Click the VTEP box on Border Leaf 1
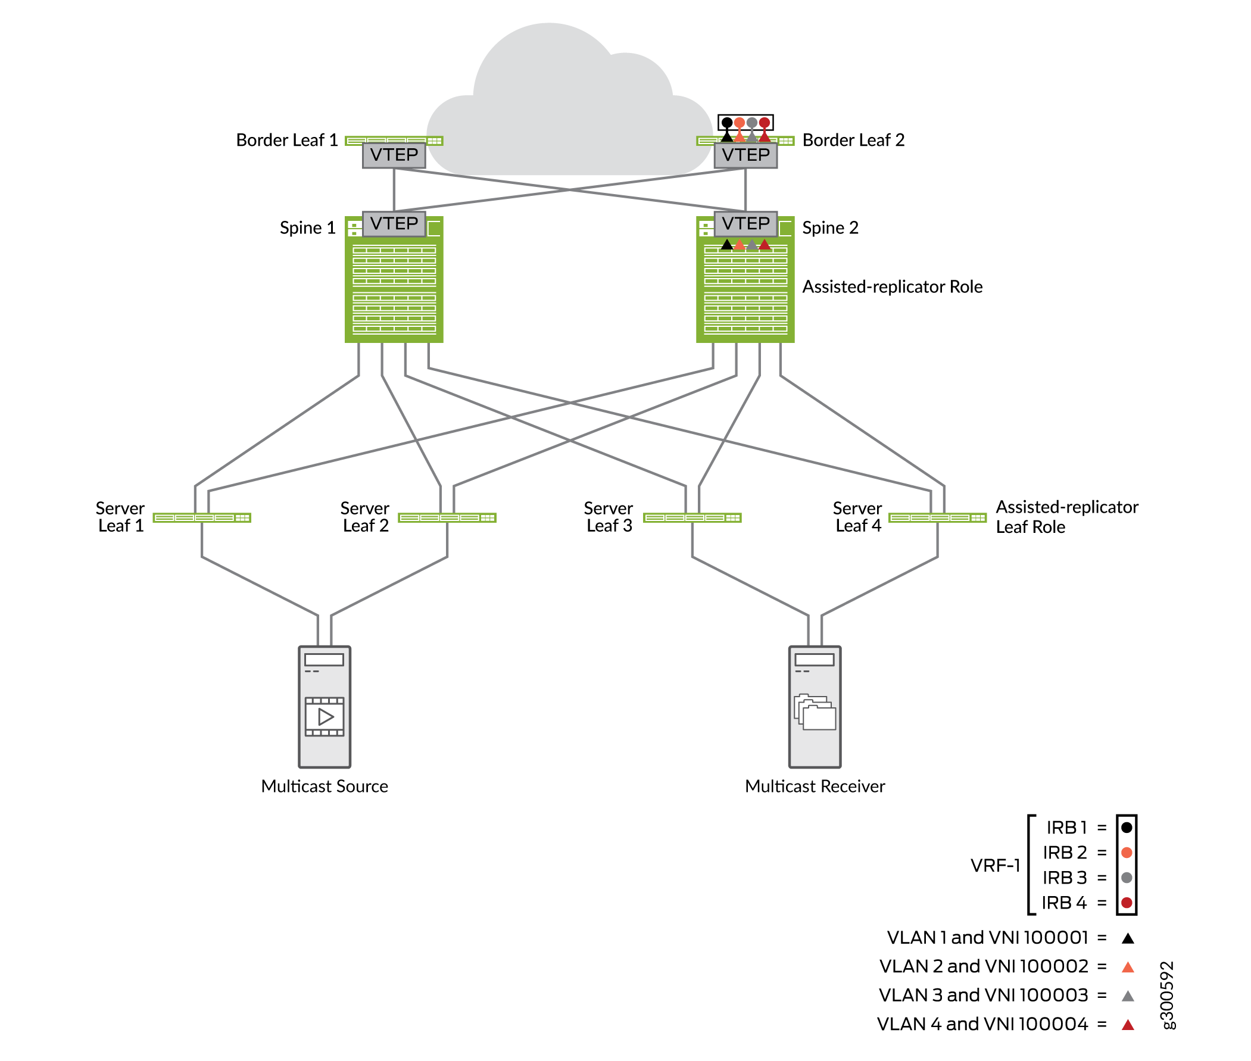tap(394, 155)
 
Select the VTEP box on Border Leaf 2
tap(745, 155)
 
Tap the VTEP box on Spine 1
tap(394, 224)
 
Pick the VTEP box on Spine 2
tap(745, 224)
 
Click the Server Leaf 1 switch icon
tap(202, 518)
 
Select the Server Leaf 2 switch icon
tap(447, 518)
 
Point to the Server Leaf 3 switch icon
tap(692, 518)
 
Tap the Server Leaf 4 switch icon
tap(937, 518)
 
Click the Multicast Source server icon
tap(325, 707)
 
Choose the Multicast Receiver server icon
tap(815, 707)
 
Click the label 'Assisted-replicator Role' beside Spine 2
tap(893, 287)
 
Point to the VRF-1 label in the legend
tap(996, 866)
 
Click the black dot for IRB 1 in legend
tap(1127, 828)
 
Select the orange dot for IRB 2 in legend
tap(1127, 853)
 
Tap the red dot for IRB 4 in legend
tap(1127, 903)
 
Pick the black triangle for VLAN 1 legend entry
tap(1128, 938)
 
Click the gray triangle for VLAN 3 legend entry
tap(1128, 996)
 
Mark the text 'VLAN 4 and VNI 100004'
tap(982, 1023)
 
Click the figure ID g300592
tap(1166, 995)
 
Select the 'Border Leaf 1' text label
tap(287, 140)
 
